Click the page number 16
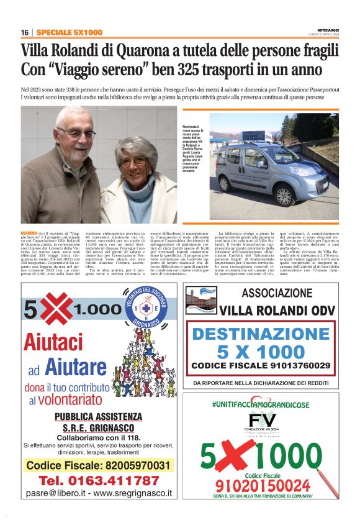(x=25, y=32)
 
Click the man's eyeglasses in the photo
(x=75, y=133)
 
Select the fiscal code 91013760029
(x=299, y=365)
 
